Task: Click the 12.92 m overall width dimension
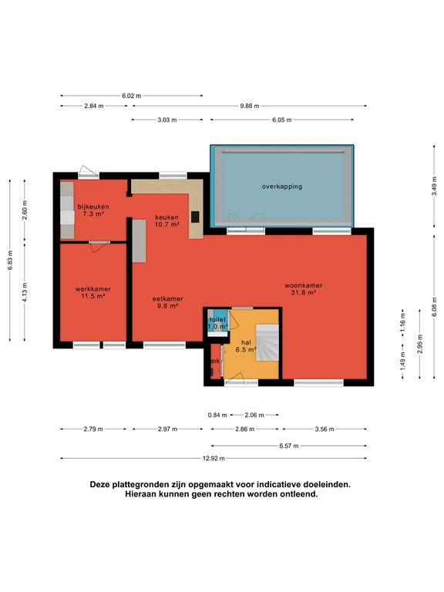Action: [x=214, y=459]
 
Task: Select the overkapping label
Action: [x=282, y=186]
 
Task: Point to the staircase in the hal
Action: [x=267, y=342]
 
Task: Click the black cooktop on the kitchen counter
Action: [x=195, y=217]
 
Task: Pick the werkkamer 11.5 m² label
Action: [x=92, y=293]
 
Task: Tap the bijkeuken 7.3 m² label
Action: [x=93, y=210]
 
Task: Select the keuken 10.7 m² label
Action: [x=166, y=221]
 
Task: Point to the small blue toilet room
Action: [x=218, y=321]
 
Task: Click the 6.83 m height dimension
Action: [x=10, y=261]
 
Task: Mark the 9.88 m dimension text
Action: [x=250, y=106]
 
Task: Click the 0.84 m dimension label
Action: [x=217, y=415]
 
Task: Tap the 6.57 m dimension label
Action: [x=289, y=446]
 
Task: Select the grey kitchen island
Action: [x=140, y=240]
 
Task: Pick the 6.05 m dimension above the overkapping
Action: [x=282, y=120]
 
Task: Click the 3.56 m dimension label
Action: [x=325, y=429]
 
